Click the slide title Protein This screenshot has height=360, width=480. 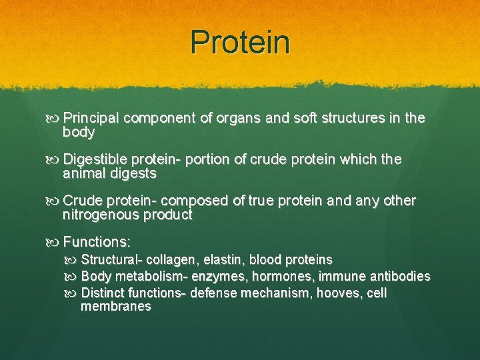pos(240,42)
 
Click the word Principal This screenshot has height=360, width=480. pos(91,119)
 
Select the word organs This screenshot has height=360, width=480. pos(240,119)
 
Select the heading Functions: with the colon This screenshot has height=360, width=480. pos(97,242)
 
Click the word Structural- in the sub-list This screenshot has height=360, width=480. pos(111,259)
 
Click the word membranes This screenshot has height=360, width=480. pos(115,307)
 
